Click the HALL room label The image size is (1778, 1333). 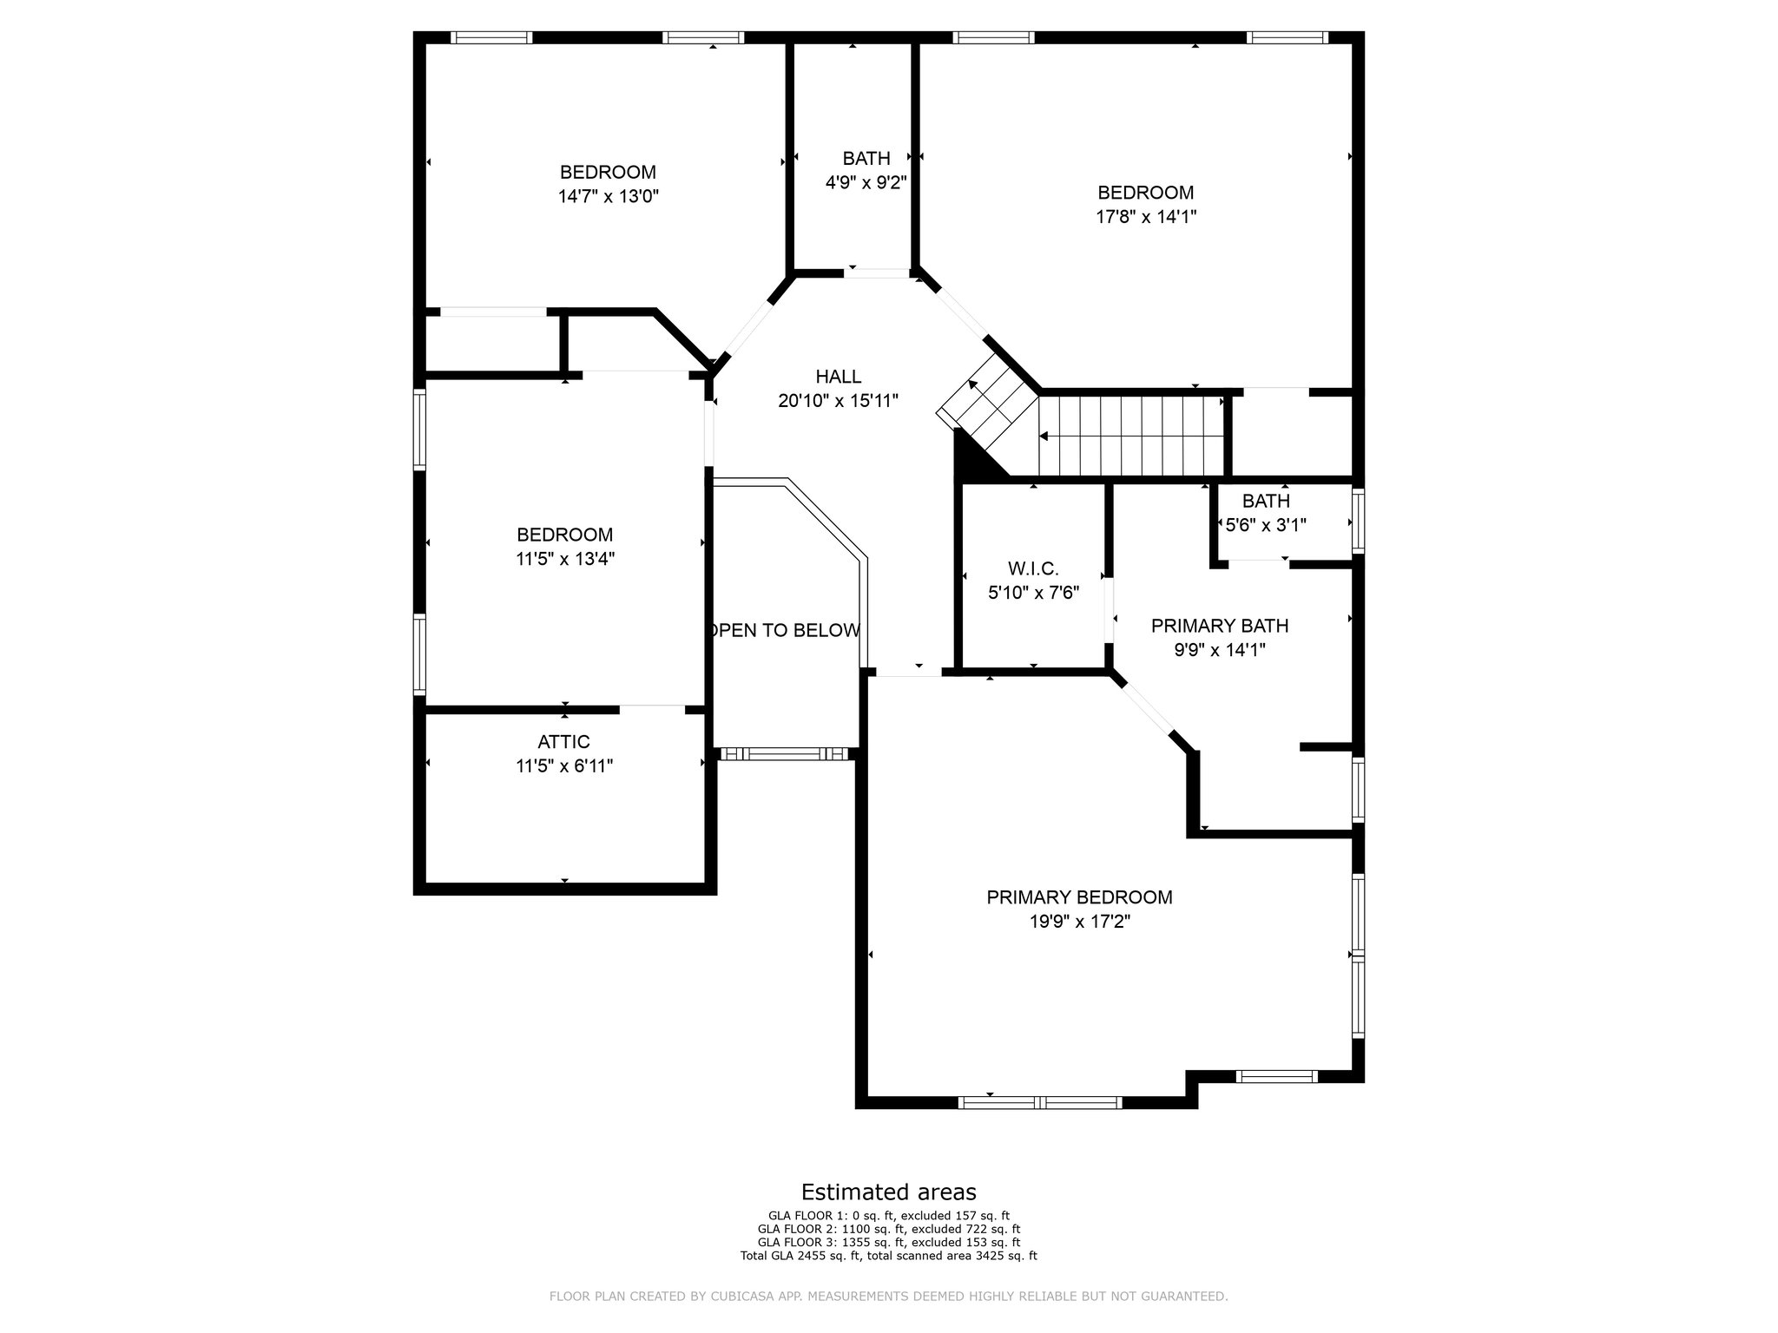tap(838, 377)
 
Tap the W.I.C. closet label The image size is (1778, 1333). tap(1033, 569)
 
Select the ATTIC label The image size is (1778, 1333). tap(563, 742)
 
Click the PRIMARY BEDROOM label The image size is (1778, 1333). tap(1079, 897)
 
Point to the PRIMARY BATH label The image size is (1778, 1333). tap(1219, 626)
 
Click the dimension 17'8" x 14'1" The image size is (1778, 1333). tap(1146, 217)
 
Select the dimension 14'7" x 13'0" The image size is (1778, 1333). tap(608, 196)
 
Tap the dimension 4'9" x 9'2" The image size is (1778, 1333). tap(866, 182)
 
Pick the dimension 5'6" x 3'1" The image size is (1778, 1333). tap(1266, 525)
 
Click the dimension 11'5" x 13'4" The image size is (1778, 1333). tap(564, 559)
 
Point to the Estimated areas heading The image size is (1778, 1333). tap(888, 1192)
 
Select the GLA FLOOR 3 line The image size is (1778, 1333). tap(888, 1243)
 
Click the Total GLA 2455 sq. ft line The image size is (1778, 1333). tap(888, 1256)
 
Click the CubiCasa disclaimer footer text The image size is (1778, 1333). tap(888, 1297)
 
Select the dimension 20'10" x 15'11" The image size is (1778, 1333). tap(838, 401)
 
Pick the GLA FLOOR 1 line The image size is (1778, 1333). tap(888, 1216)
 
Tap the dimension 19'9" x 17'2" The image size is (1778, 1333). tap(1079, 922)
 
